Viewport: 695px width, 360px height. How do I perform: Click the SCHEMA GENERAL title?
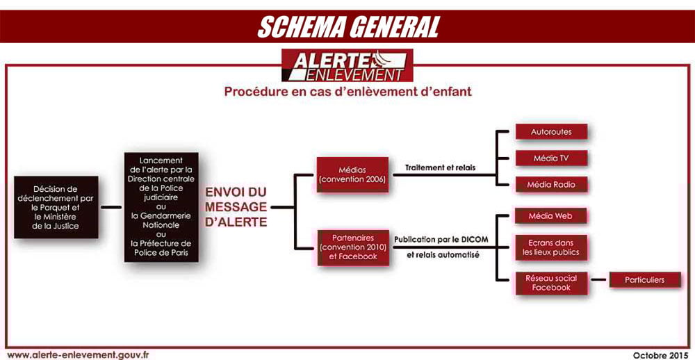tap(348, 27)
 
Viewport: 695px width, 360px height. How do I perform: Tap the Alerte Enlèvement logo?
tap(347, 65)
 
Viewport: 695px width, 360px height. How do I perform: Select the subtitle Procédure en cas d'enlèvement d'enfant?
tap(347, 92)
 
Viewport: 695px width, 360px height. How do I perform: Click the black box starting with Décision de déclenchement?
tap(56, 207)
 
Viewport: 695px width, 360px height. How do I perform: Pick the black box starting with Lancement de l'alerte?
tap(161, 207)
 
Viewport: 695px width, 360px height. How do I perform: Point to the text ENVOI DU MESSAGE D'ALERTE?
tap(236, 207)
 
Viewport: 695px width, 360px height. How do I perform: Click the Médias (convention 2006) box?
tap(352, 174)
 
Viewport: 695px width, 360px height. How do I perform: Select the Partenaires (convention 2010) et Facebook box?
tap(353, 247)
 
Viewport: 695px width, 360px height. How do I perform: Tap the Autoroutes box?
tap(551, 131)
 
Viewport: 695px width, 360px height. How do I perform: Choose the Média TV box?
tap(551, 158)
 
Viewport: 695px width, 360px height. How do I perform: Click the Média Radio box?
tap(551, 184)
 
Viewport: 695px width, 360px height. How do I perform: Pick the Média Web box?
tap(551, 216)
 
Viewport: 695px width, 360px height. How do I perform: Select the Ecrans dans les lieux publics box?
tap(551, 248)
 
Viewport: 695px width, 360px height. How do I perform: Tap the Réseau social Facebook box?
tap(551, 283)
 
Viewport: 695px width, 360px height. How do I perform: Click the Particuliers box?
tap(645, 280)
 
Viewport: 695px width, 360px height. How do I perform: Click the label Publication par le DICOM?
tap(441, 240)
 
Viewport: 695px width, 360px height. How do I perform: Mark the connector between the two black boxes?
tap(111, 207)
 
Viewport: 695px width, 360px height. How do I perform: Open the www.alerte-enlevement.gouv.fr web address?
tap(79, 354)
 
